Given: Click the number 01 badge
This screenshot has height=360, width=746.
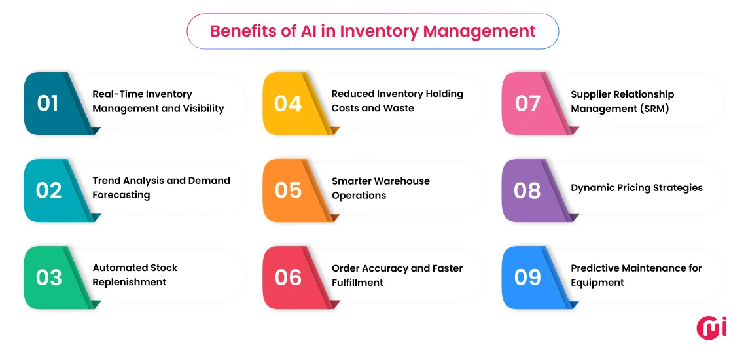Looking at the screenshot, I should pos(48,103).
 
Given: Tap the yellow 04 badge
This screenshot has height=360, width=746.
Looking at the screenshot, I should pos(288,103).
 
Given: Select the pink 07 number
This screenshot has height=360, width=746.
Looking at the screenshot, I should pos(527,103).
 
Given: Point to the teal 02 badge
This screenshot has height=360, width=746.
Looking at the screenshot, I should pos(48,190).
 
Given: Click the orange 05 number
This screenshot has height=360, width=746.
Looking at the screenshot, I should pos(288,190).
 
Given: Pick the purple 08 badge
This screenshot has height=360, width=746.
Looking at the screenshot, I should pos(527,190).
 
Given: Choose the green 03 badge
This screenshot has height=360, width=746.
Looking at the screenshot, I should pos(48,278).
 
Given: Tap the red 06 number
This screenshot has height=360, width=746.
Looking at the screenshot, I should pos(288,278).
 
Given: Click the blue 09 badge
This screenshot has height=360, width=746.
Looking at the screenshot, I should pos(527,278).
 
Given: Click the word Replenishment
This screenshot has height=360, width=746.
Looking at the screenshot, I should pos(130,283).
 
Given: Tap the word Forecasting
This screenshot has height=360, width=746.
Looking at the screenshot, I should pos(121,196).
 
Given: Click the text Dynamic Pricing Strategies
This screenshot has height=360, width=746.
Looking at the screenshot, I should pos(637,188).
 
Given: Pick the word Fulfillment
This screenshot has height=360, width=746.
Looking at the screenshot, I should pos(357,283).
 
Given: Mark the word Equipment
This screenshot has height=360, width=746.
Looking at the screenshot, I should pos(597,283).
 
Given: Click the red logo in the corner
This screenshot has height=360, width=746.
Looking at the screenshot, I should pos(711,327).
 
